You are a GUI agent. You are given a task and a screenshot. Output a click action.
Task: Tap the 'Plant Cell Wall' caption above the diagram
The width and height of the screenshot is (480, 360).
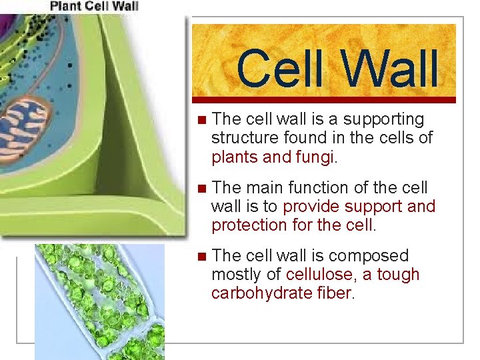tap(94, 6)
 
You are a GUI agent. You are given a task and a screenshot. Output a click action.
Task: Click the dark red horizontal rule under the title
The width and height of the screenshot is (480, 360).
tap(324, 100)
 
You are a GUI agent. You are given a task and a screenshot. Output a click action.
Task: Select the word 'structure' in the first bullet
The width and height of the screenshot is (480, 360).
tap(243, 139)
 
